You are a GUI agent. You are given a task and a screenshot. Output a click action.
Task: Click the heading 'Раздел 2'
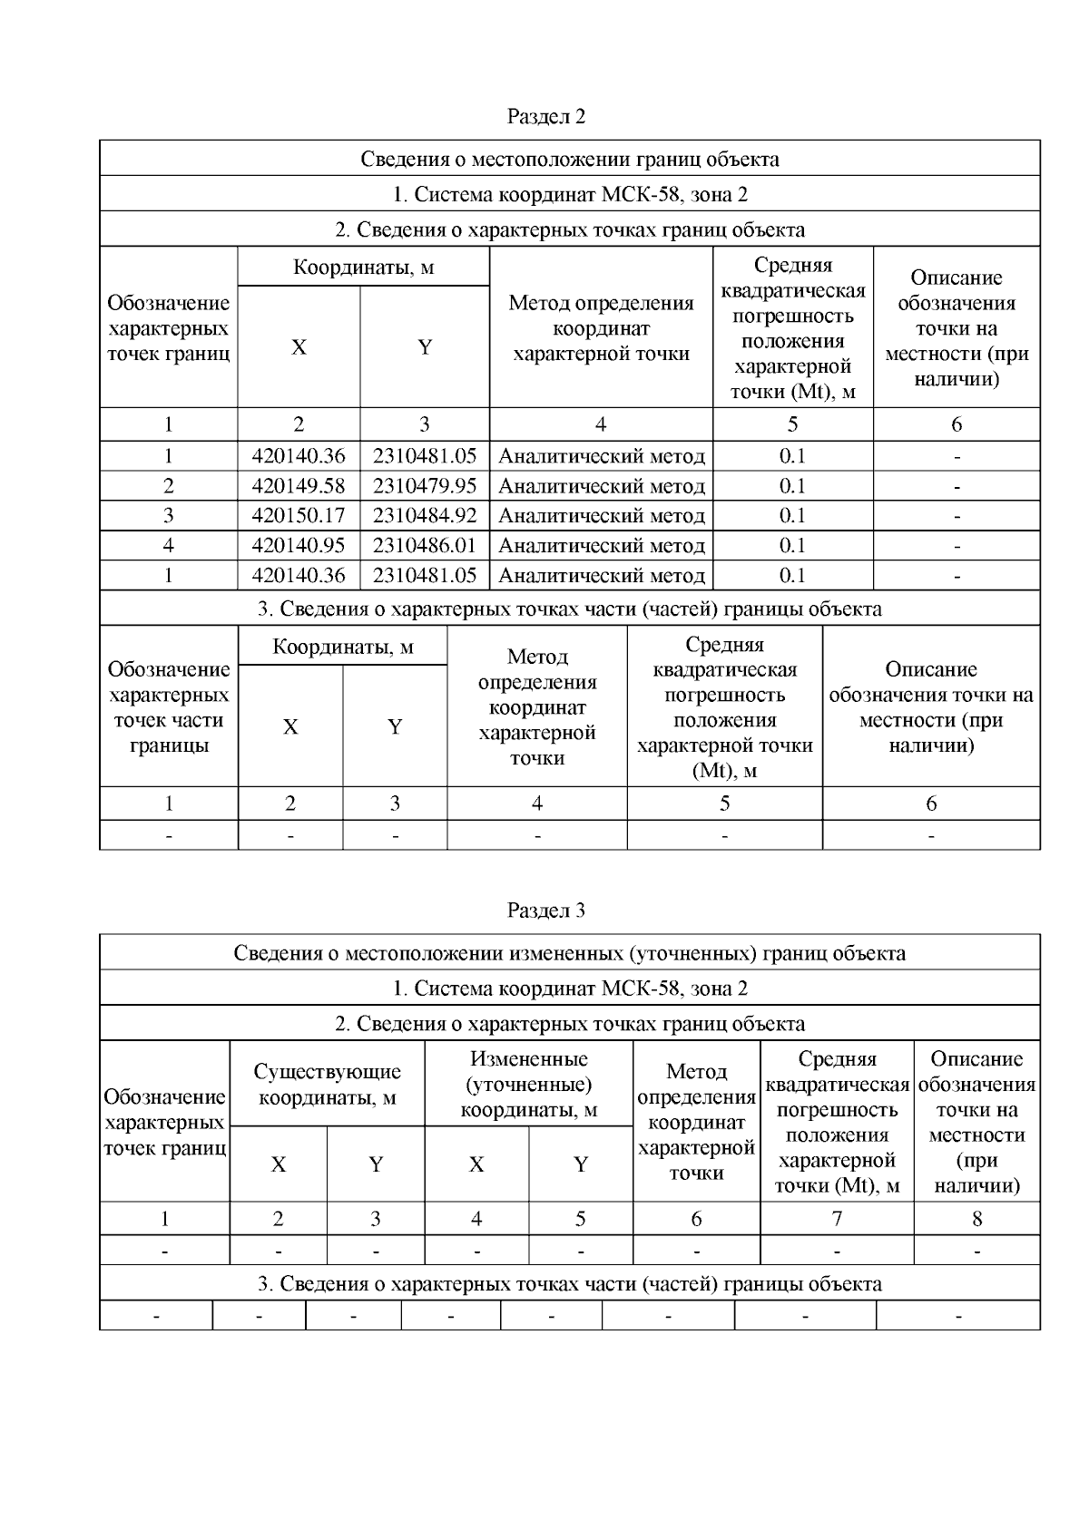(545, 116)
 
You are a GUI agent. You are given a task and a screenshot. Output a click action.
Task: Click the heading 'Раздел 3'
(545, 910)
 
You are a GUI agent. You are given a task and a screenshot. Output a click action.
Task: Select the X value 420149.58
(298, 486)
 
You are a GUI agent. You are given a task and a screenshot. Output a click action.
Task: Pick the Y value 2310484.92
(424, 516)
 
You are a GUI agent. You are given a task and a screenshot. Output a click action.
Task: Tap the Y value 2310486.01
(424, 546)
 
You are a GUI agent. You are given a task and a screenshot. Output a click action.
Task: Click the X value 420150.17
(298, 516)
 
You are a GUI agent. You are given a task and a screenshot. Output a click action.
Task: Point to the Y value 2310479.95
(424, 486)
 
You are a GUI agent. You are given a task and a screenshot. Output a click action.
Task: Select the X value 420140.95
(298, 546)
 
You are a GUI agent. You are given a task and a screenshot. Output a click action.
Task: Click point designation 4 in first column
(168, 546)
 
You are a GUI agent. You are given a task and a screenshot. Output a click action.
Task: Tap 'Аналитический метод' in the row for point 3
(601, 516)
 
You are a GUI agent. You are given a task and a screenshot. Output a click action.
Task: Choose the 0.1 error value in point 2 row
(792, 486)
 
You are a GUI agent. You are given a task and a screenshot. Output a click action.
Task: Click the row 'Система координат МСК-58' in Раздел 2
(569, 194)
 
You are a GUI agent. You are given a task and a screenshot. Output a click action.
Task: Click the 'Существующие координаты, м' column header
(327, 1084)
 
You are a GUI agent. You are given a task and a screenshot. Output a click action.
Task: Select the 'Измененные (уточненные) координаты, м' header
(528, 1084)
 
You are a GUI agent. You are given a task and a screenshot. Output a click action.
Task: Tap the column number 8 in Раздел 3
(976, 1219)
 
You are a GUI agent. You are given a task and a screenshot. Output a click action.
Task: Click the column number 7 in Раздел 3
(837, 1219)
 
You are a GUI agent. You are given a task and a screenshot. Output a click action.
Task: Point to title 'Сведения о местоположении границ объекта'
(569, 159)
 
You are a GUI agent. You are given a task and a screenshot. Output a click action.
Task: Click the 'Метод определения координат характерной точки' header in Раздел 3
(696, 1122)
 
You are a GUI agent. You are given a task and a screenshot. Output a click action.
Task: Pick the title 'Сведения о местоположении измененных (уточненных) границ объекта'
(569, 953)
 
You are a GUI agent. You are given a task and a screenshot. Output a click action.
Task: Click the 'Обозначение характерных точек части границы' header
(168, 707)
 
